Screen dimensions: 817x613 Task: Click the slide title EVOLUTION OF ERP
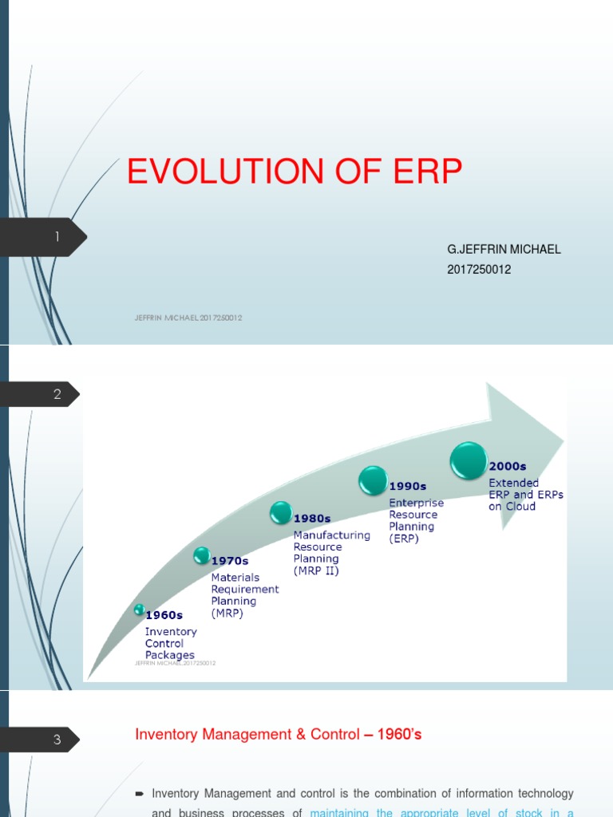click(295, 172)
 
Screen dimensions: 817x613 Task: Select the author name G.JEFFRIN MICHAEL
click(504, 249)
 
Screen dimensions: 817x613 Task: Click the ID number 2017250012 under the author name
click(479, 270)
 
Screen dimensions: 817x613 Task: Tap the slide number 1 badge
click(57, 237)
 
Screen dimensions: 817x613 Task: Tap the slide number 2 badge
click(57, 394)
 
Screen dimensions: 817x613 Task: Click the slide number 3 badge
click(57, 740)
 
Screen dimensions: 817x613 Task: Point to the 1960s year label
click(164, 615)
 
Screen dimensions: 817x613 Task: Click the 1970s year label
click(230, 561)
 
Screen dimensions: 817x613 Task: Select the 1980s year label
click(312, 518)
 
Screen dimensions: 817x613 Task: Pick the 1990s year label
click(409, 485)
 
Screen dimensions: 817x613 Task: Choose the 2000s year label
click(508, 467)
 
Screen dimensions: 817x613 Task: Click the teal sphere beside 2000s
click(469, 461)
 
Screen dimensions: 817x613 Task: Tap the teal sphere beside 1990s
click(372, 480)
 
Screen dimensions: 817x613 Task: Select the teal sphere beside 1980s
click(281, 512)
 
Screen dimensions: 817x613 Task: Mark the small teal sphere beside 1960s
click(140, 610)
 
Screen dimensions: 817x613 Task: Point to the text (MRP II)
click(316, 571)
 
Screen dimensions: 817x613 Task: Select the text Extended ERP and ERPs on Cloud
click(525, 495)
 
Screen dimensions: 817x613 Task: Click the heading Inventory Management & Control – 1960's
click(279, 735)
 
